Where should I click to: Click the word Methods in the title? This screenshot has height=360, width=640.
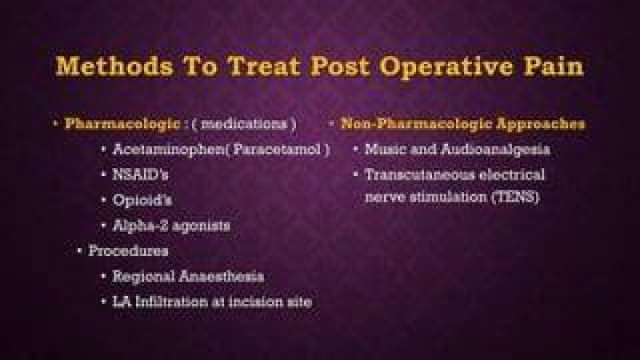point(115,66)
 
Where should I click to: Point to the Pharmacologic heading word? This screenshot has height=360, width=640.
point(123,124)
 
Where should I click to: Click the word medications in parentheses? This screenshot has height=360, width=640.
point(244,124)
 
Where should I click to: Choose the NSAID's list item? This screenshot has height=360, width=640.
point(140,175)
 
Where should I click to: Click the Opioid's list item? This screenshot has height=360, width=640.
point(142,200)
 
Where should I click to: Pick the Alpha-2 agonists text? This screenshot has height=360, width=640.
point(172,226)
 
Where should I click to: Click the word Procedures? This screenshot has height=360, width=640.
point(128,251)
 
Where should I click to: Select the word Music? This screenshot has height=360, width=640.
point(386,149)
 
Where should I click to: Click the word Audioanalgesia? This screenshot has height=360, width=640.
point(495,150)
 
